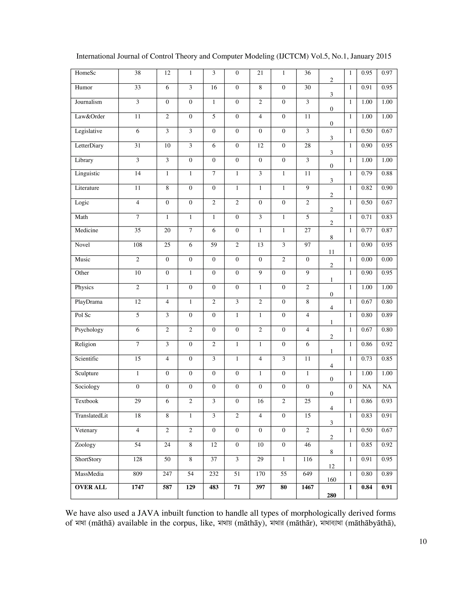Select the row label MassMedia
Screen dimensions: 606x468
click(x=89, y=474)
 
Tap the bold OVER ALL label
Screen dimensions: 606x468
click(x=91, y=487)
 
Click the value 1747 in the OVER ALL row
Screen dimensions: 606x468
click(x=138, y=487)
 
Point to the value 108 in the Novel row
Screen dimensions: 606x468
click(x=138, y=245)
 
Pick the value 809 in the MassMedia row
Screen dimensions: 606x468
click(x=138, y=474)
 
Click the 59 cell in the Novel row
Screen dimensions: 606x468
click(x=213, y=245)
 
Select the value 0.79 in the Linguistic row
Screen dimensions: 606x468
click(x=367, y=173)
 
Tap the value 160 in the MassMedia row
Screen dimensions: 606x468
click(x=331, y=480)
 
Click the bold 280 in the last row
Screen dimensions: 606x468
click(x=331, y=495)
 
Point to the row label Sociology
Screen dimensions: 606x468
click(x=87, y=386)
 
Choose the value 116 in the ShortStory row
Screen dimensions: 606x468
click(x=308, y=459)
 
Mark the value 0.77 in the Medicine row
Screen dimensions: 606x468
click(x=367, y=230)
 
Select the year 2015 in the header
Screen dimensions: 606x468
click(x=383, y=56)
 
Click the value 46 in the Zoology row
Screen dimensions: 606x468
click(x=308, y=445)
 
